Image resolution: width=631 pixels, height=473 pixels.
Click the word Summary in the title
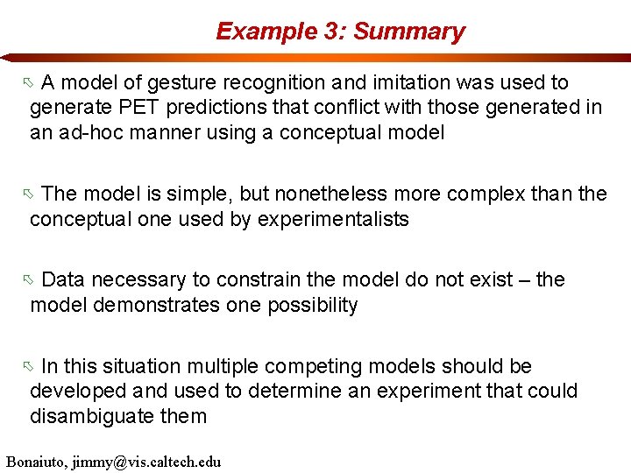click(409, 32)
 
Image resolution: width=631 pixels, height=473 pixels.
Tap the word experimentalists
click(332, 219)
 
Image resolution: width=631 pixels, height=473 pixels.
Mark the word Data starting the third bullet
click(64, 279)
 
